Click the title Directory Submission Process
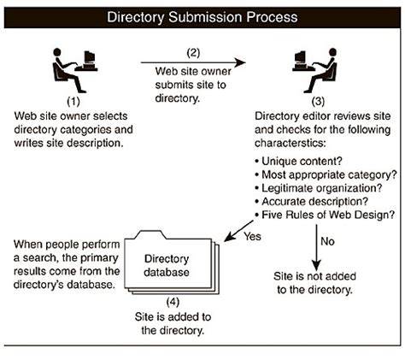coord(202,17)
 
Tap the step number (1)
coord(73,102)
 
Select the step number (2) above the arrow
coord(193,53)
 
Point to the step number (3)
coord(318,102)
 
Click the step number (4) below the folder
coord(173,302)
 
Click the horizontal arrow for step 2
coord(193,62)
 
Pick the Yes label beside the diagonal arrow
coord(252,236)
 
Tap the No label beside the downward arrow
coord(327,241)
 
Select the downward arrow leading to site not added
coord(316,247)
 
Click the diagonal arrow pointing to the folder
coord(238,231)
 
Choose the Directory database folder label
coord(167,265)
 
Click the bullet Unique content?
coord(298,162)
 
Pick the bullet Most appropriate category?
coord(326,174)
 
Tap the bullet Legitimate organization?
coord(319,188)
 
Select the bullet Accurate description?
coord(312,202)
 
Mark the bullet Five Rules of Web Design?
coord(325,215)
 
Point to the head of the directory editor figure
coord(332,52)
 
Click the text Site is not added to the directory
coord(314,283)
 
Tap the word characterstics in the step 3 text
coord(290,143)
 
